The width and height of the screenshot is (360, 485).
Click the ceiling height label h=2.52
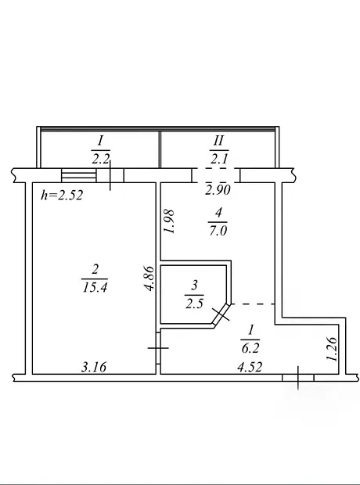tap(62, 196)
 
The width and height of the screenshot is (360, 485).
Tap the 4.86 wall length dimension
tap(149, 278)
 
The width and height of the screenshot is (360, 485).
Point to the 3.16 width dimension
tap(94, 367)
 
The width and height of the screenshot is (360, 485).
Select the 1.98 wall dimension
tap(169, 221)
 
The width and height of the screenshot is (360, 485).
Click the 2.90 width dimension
tap(218, 190)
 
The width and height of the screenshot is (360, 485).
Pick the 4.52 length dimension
tap(250, 367)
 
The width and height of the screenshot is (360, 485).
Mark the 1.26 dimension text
tap(332, 349)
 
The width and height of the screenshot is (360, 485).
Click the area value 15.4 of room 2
tap(95, 288)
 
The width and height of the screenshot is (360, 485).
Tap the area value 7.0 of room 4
tap(218, 231)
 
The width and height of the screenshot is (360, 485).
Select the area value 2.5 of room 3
tap(194, 304)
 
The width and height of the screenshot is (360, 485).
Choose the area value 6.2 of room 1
tap(250, 349)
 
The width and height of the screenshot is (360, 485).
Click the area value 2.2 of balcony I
tap(101, 160)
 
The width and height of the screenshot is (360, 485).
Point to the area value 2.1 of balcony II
tap(219, 159)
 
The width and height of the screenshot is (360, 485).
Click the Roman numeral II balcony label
tap(218, 141)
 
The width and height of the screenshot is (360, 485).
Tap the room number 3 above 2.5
tap(194, 285)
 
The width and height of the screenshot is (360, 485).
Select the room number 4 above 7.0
tap(218, 213)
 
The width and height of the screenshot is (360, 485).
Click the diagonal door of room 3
tap(222, 314)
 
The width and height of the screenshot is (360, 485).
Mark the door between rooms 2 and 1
tap(158, 348)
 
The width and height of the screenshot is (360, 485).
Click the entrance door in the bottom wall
tap(298, 377)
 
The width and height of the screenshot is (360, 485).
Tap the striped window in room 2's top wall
tap(79, 175)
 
